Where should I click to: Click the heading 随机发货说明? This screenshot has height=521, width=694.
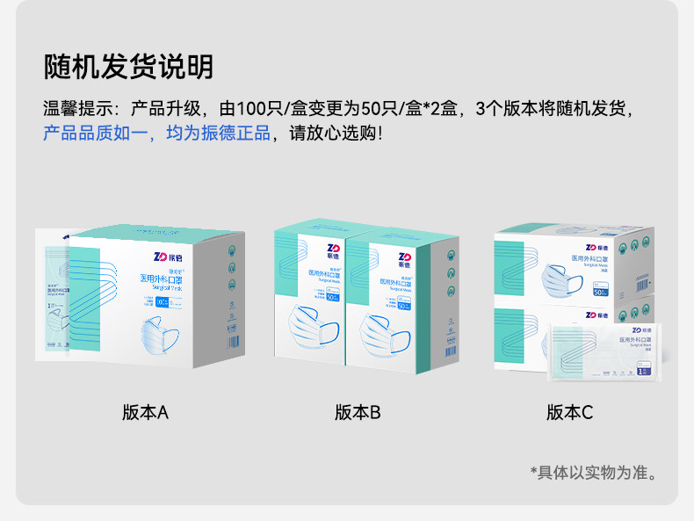(129, 67)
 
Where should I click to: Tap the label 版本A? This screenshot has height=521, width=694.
(145, 412)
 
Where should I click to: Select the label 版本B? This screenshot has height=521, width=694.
(358, 412)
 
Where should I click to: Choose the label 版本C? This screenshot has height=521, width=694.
(569, 412)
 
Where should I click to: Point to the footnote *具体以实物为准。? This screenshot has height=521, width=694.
(594, 473)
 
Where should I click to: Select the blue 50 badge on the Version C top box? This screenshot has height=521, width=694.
(601, 290)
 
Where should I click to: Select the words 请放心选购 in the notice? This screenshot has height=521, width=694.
(334, 134)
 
